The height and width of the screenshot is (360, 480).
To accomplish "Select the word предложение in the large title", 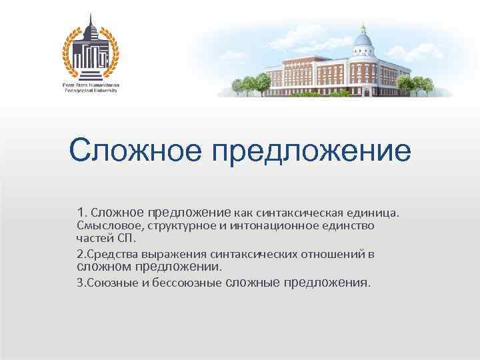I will click(312, 152).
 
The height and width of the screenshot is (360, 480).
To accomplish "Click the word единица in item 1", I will click(373, 213).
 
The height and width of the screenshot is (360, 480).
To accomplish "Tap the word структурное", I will click(176, 226).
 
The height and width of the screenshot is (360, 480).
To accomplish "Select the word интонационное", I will click(271, 226).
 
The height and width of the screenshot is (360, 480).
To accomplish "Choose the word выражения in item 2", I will click(174, 254).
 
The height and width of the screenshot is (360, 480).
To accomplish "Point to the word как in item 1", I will click(245, 213).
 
